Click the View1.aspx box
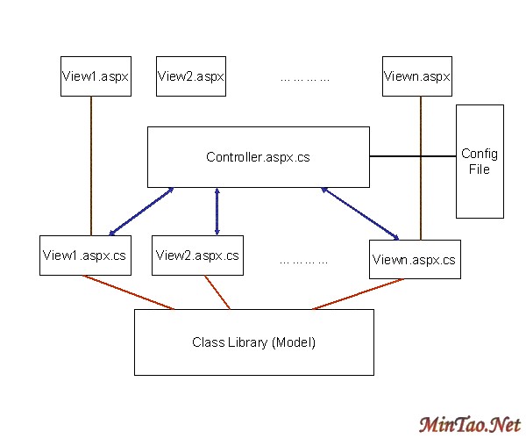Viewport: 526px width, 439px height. pyautogui.click(x=96, y=76)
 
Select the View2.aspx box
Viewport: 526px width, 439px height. pyautogui.click(x=191, y=76)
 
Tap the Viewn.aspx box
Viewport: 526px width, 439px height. pyautogui.click(x=417, y=76)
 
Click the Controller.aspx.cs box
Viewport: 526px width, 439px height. pyautogui.click(x=258, y=157)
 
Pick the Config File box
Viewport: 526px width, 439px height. pyautogui.click(x=480, y=162)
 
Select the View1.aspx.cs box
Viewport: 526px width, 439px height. pyautogui.click(x=84, y=255)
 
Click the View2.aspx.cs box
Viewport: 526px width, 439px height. pyautogui.click(x=197, y=255)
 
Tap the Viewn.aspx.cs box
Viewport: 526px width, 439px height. pyautogui.click(x=415, y=259)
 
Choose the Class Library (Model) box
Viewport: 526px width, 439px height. pyautogui.click(x=253, y=342)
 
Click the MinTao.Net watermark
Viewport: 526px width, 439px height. pyautogui.click(x=469, y=425)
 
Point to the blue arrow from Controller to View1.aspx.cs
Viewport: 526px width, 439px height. pyautogui.click(x=141, y=212)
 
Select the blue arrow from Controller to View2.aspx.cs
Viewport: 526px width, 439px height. pyautogui.click(x=217, y=212)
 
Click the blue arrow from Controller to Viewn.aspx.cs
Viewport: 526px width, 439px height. pyautogui.click(x=360, y=212)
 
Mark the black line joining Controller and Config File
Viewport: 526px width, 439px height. pyautogui.click(x=412, y=157)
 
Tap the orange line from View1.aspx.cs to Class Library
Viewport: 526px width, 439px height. pyautogui.click(x=128, y=292)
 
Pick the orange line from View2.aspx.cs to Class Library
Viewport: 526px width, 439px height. pyautogui.click(x=217, y=292)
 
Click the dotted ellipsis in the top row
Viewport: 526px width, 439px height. pyautogui.click(x=304, y=79)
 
